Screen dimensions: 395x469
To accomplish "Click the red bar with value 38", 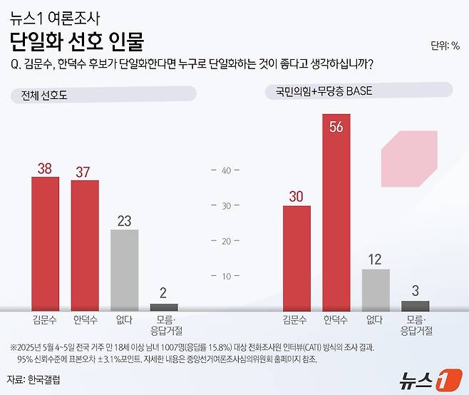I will click(46, 243).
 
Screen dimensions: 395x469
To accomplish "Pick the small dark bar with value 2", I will click(163, 307).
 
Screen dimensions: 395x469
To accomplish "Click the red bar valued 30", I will click(297, 257).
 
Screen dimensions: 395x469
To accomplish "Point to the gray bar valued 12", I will click(376, 289).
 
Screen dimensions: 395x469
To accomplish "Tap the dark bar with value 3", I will click(415, 305).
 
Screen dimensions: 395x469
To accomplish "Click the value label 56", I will click(336, 126).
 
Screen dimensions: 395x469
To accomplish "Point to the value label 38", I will click(46, 168).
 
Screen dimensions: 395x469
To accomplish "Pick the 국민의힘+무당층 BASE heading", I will click(319, 91).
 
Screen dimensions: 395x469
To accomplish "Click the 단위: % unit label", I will click(445, 47).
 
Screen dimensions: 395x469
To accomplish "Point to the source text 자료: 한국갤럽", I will click(33, 379).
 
